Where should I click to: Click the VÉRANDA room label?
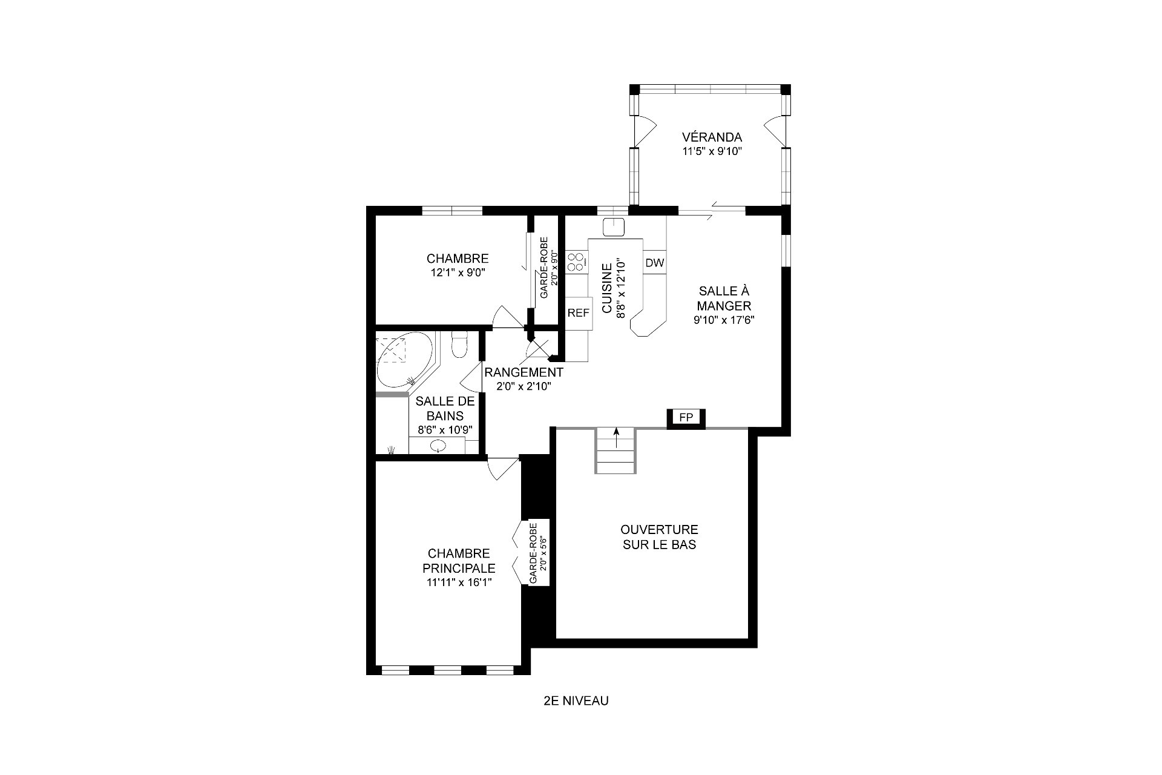[712, 137]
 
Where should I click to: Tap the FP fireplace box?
[686, 418]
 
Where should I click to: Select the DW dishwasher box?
[654, 263]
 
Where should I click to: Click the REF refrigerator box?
[578, 314]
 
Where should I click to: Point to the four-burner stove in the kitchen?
[576, 262]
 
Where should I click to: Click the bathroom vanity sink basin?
[438, 446]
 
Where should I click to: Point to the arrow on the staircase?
[616, 438]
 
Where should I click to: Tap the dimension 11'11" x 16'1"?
[459, 582]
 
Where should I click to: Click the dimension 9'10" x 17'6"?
[724, 320]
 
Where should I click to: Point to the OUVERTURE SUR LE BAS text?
[660, 537]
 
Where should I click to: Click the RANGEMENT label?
[524, 372]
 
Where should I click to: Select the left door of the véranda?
[644, 130]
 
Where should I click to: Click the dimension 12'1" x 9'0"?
[458, 272]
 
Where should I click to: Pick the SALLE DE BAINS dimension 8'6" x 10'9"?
[445, 430]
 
